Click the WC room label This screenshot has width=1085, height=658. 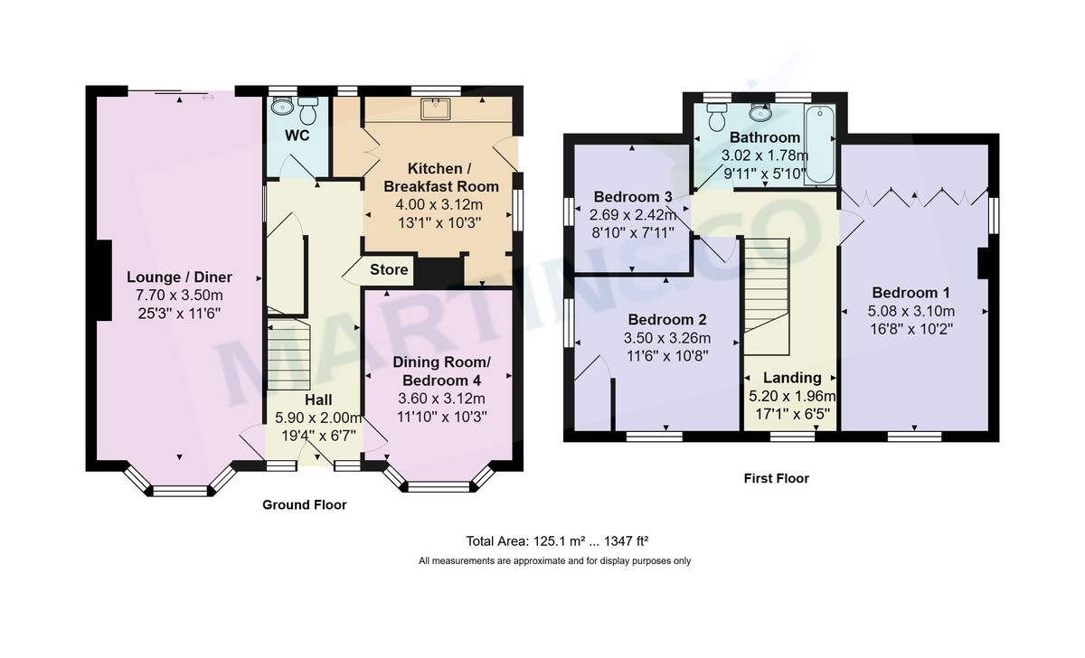coord(297,136)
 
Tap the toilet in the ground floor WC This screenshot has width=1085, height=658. coord(308,112)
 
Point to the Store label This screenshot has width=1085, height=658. coord(389,270)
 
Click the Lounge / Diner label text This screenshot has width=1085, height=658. coord(179,277)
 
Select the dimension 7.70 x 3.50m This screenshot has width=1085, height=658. coord(179,295)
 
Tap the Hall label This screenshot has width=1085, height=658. coord(317,399)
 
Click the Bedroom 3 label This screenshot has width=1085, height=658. coord(632,198)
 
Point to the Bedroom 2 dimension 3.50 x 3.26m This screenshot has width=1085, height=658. coord(668,338)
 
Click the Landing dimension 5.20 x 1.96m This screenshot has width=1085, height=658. coord(791,396)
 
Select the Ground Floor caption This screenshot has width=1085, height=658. coord(304,505)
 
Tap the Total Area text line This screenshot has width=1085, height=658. coord(555,542)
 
